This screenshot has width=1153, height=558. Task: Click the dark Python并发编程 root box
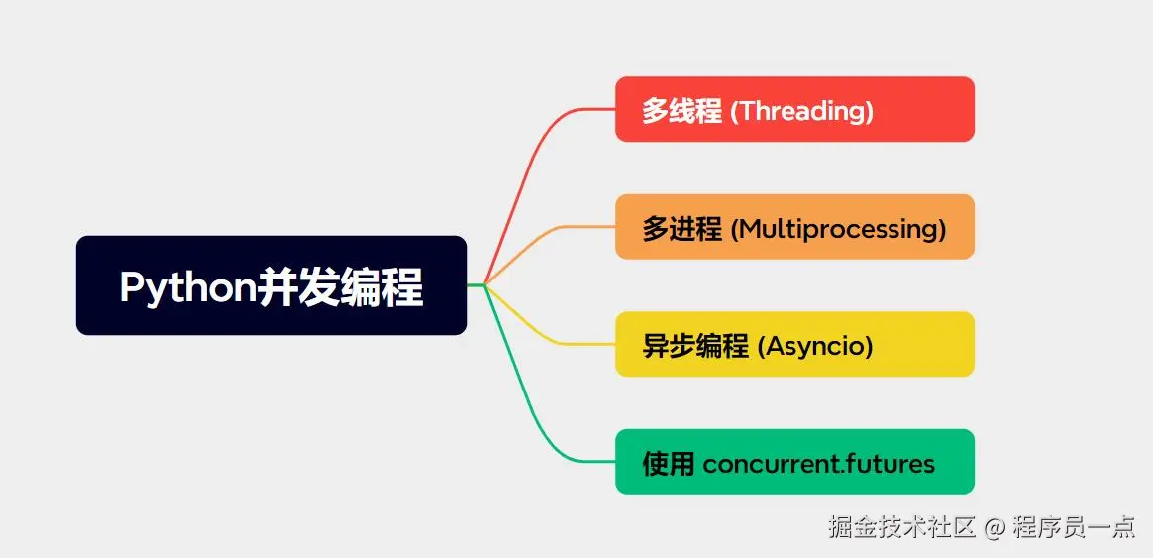271,285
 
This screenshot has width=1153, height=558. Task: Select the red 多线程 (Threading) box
794,109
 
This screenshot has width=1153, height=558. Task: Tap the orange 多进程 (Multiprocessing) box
794,227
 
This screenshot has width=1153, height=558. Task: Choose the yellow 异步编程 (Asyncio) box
794,344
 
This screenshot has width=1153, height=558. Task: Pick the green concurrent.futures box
794,462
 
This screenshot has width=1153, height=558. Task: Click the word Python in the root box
187,287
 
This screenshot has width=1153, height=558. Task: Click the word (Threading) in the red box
801,111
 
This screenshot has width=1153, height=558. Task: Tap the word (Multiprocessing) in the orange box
838,230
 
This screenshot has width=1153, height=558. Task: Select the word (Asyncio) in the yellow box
815,346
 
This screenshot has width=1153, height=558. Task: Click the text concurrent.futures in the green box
819,465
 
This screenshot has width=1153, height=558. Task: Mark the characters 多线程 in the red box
681,111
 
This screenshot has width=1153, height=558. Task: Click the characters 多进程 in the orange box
681,229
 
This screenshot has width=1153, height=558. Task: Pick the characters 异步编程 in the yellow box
695,346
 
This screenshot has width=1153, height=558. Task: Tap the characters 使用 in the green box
669,464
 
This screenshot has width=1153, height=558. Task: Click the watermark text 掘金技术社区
902,528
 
